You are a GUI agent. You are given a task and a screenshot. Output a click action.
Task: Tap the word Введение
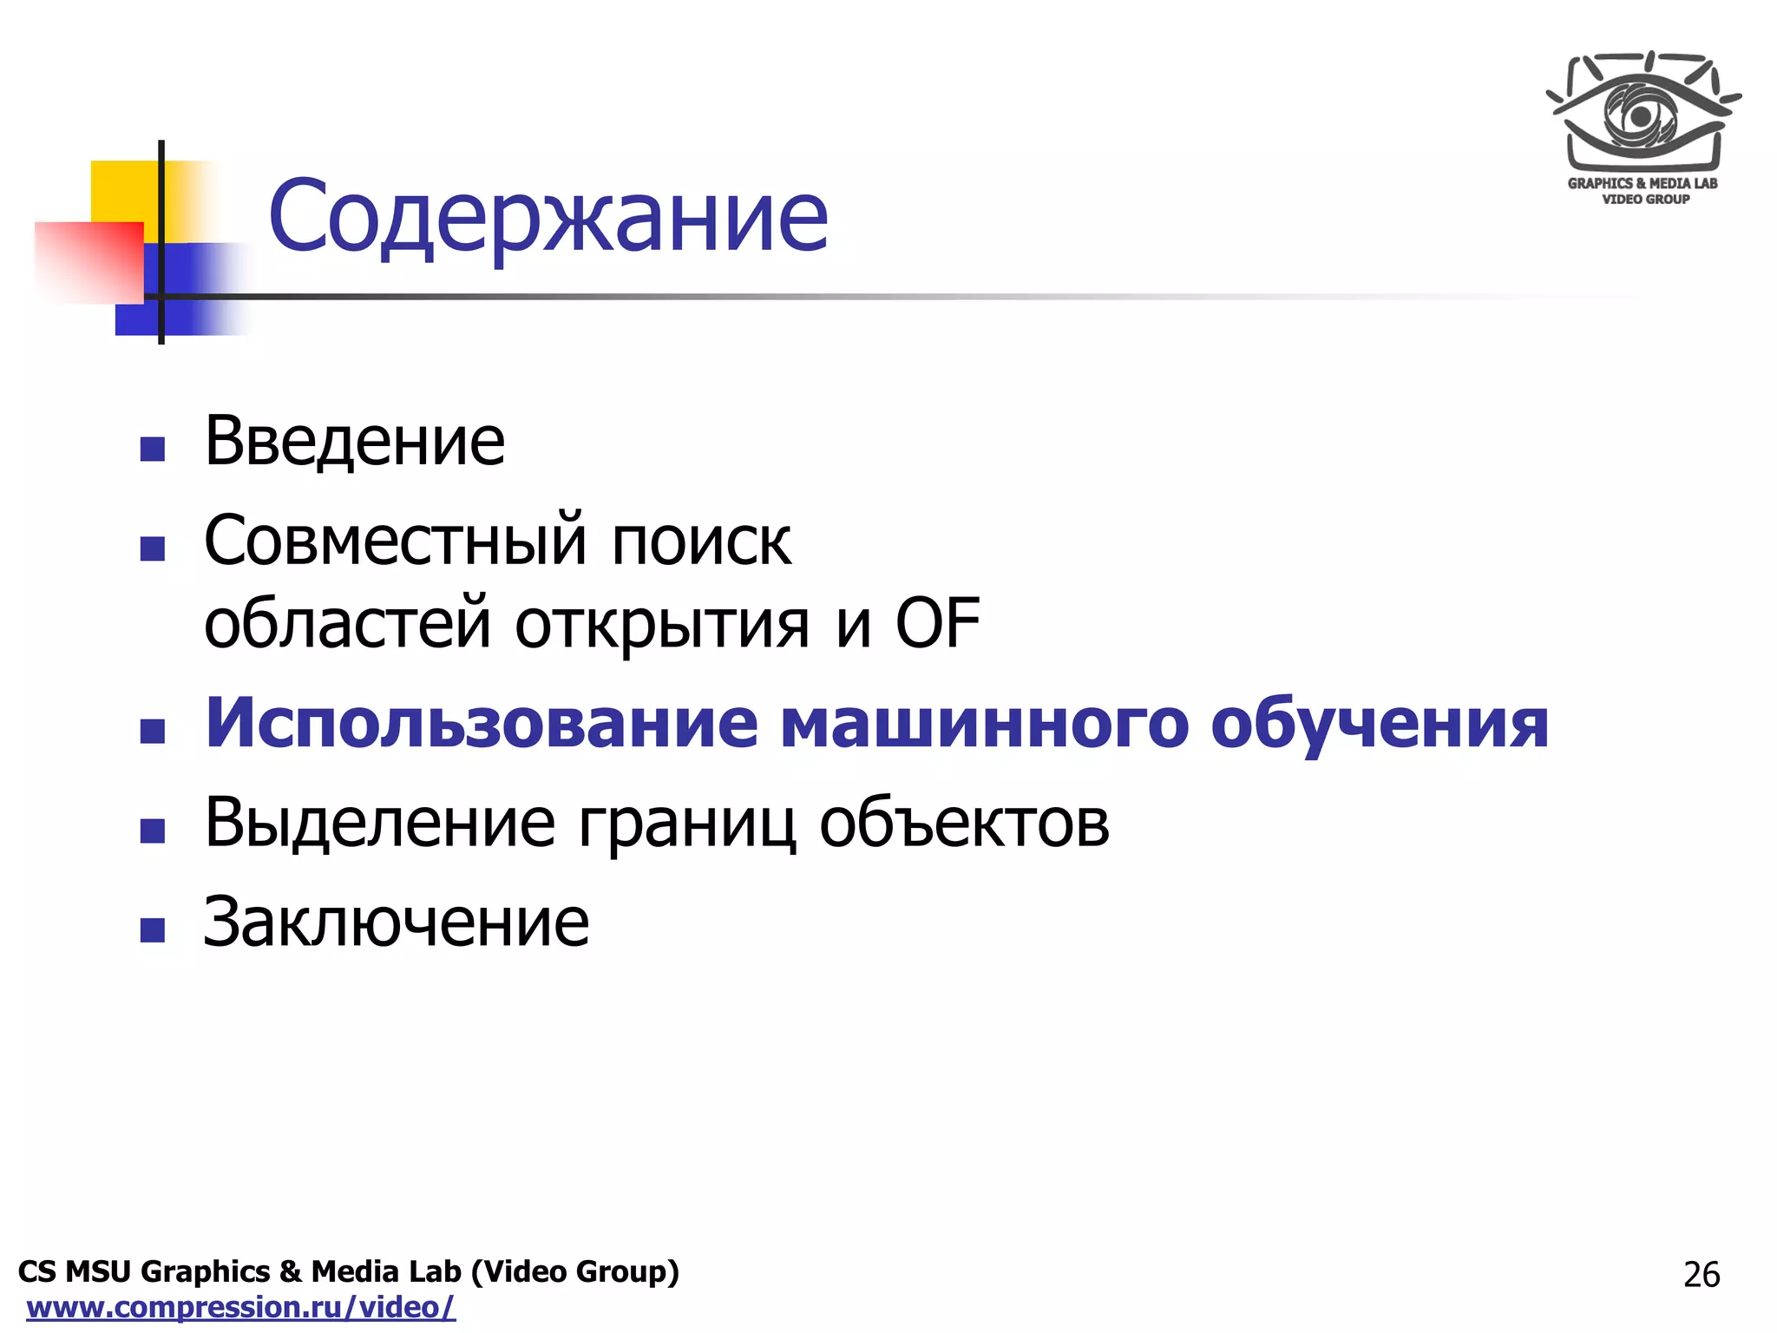tap(354, 441)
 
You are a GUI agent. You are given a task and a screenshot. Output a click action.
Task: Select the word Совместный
tap(396, 542)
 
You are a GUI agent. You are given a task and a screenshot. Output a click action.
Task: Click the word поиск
tap(701, 542)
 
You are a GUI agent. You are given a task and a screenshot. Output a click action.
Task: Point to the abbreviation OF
tap(937, 623)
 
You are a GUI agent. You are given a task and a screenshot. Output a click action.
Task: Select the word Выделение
tap(379, 823)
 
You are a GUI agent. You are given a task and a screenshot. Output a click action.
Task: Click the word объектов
tap(964, 823)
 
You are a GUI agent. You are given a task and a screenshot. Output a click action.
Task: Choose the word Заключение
tap(396, 922)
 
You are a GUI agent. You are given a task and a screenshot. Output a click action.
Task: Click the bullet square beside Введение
tap(153, 449)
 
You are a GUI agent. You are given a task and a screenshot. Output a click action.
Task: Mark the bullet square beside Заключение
tap(153, 930)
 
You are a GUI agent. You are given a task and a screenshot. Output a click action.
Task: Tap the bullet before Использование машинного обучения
tap(153, 731)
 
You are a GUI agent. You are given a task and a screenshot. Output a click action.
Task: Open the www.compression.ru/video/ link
tap(241, 1307)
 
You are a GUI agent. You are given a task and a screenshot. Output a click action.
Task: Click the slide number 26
tap(1701, 1274)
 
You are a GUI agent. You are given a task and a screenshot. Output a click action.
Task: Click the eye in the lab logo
tap(1639, 114)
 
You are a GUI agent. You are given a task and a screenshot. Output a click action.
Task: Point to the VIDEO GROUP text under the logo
tap(1645, 200)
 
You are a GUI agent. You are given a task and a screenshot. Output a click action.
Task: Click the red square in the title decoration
tap(89, 262)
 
